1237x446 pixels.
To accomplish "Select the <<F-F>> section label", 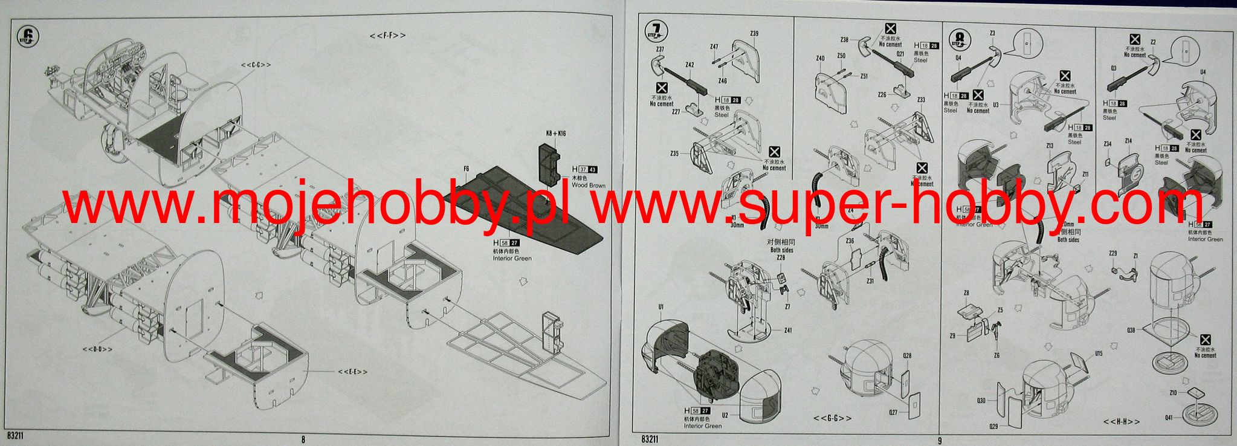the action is (x=387, y=36).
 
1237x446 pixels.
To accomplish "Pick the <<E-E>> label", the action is (x=352, y=372).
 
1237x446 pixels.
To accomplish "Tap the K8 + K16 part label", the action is (x=555, y=134).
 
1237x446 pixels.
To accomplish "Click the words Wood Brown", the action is (x=588, y=186).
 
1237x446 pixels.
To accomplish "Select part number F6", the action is (x=466, y=169).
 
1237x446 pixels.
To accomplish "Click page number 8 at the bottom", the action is (x=303, y=440).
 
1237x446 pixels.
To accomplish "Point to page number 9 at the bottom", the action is (x=939, y=440).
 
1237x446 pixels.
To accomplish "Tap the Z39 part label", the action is (x=754, y=34).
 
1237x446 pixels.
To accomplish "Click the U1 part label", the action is (x=661, y=307).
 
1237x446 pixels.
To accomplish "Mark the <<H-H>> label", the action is (x=1121, y=421).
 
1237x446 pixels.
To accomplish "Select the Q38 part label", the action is (x=1131, y=330).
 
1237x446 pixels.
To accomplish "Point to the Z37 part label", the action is (x=660, y=50).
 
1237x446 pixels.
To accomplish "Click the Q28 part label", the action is (x=906, y=356).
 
